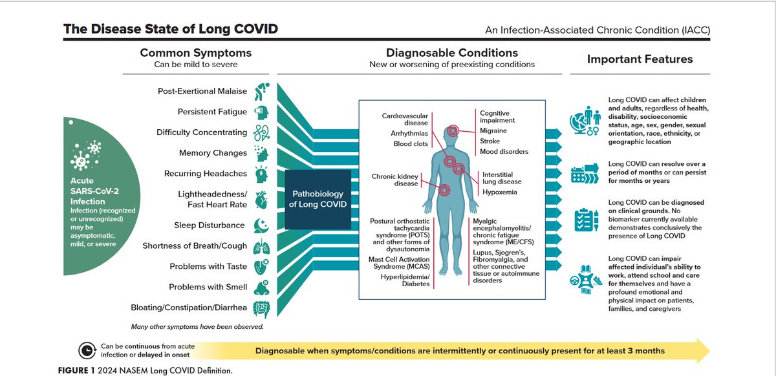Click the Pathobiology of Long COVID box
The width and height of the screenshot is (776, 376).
(x=318, y=200)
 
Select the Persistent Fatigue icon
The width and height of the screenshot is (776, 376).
(x=262, y=111)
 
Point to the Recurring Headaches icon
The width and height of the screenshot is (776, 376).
(x=262, y=174)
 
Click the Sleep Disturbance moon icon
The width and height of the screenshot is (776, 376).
(x=262, y=225)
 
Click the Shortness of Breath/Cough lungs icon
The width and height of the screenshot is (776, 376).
(x=262, y=246)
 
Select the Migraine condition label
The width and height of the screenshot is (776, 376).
(x=493, y=131)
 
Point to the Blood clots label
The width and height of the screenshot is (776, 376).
(x=411, y=144)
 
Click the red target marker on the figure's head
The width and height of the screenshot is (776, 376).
(x=453, y=131)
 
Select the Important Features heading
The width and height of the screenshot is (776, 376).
(x=640, y=59)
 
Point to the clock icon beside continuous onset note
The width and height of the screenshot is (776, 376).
(x=85, y=351)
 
